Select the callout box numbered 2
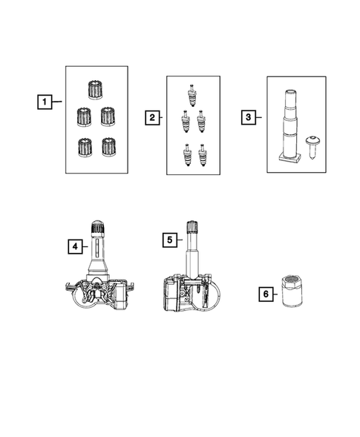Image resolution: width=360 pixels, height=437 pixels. [x=151, y=116]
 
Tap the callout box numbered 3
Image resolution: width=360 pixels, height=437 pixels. [x=249, y=116]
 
